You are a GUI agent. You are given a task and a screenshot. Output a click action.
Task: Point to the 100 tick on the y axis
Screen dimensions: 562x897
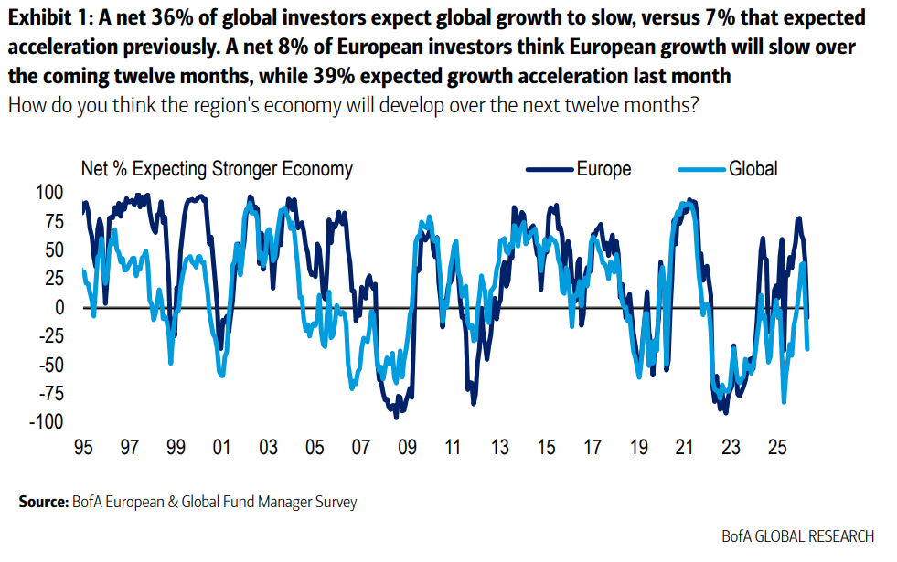pos(51,193)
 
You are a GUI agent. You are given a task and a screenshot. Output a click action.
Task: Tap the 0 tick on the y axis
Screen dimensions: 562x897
pos(59,308)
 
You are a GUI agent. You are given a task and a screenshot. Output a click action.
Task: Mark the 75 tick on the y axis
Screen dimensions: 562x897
pos(55,222)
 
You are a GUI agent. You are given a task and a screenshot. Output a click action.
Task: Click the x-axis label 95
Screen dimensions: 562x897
pos(83,449)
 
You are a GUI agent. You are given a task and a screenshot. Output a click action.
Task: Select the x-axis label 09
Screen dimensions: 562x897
pos(407,449)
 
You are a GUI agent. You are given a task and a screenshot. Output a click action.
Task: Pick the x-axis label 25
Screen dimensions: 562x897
pos(777,449)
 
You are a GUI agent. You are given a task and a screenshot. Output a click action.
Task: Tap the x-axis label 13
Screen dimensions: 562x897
pos(499,449)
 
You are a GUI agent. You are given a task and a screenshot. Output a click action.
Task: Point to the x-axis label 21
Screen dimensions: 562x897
pos(685,449)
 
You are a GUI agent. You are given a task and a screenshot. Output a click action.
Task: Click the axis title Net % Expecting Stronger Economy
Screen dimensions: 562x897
pos(217,169)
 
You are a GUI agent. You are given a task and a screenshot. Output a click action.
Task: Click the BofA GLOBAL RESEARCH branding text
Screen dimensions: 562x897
pos(797,536)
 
